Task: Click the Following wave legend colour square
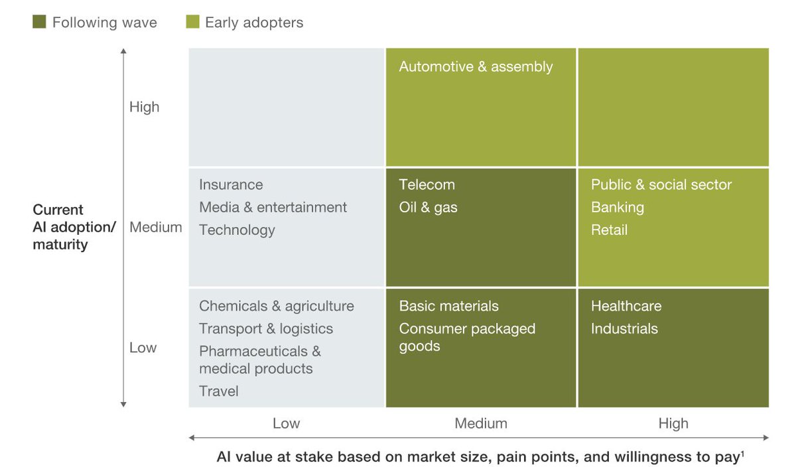coord(39,23)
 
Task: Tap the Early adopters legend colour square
coord(192,23)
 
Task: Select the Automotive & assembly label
coord(476,67)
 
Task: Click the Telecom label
coord(427,185)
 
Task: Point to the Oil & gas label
coord(428,208)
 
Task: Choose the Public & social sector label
coord(661,185)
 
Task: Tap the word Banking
coord(617,208)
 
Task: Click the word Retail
coord(609,230)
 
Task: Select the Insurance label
coord(231,185)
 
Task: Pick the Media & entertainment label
coord(273,208)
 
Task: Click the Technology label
coord(237,230)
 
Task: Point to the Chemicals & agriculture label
coord(276,306)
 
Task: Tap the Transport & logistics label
coord(266,329)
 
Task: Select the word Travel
coord(218,391)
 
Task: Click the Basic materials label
coord(448,306)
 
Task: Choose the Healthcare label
coord(626,306)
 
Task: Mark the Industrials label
coord(624,329)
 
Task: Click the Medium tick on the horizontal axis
coord(480,424)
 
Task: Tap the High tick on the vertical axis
coord(144,107)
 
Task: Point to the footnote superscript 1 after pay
coord(742,454)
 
